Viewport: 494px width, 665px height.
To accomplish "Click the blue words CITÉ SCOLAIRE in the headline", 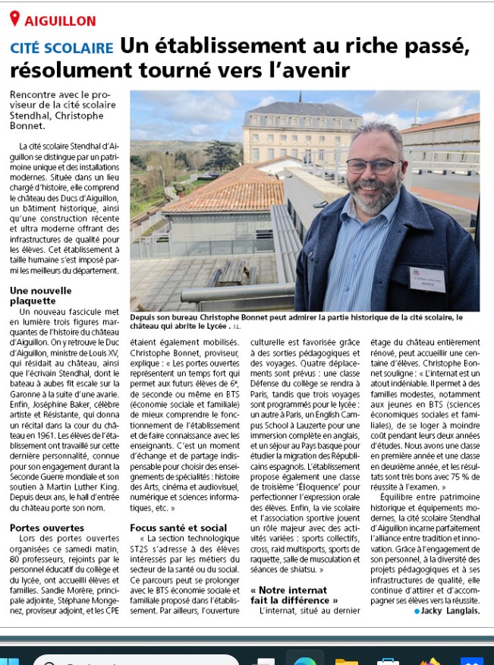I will pyautogui.click(x=61, y=48).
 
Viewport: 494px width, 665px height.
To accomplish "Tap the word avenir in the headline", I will pyautogui.click(x=312, y=71).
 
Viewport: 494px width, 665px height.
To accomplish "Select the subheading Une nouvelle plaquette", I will pyautogui.click(x=41, y=295).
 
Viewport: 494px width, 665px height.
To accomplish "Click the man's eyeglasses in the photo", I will pyautogui.click(x=372, y=165).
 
